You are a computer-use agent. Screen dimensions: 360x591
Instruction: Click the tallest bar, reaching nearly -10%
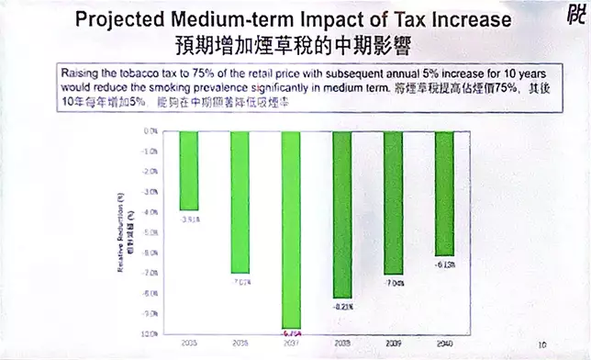tap(291, 230)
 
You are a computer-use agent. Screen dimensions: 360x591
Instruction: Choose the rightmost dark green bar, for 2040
tap(443, 194)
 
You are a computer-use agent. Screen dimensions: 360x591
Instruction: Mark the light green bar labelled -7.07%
tap(241, 203)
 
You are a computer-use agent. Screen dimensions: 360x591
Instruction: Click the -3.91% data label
tap(190, 218)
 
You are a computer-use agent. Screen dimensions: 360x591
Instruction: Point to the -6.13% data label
tap(443, 264)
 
